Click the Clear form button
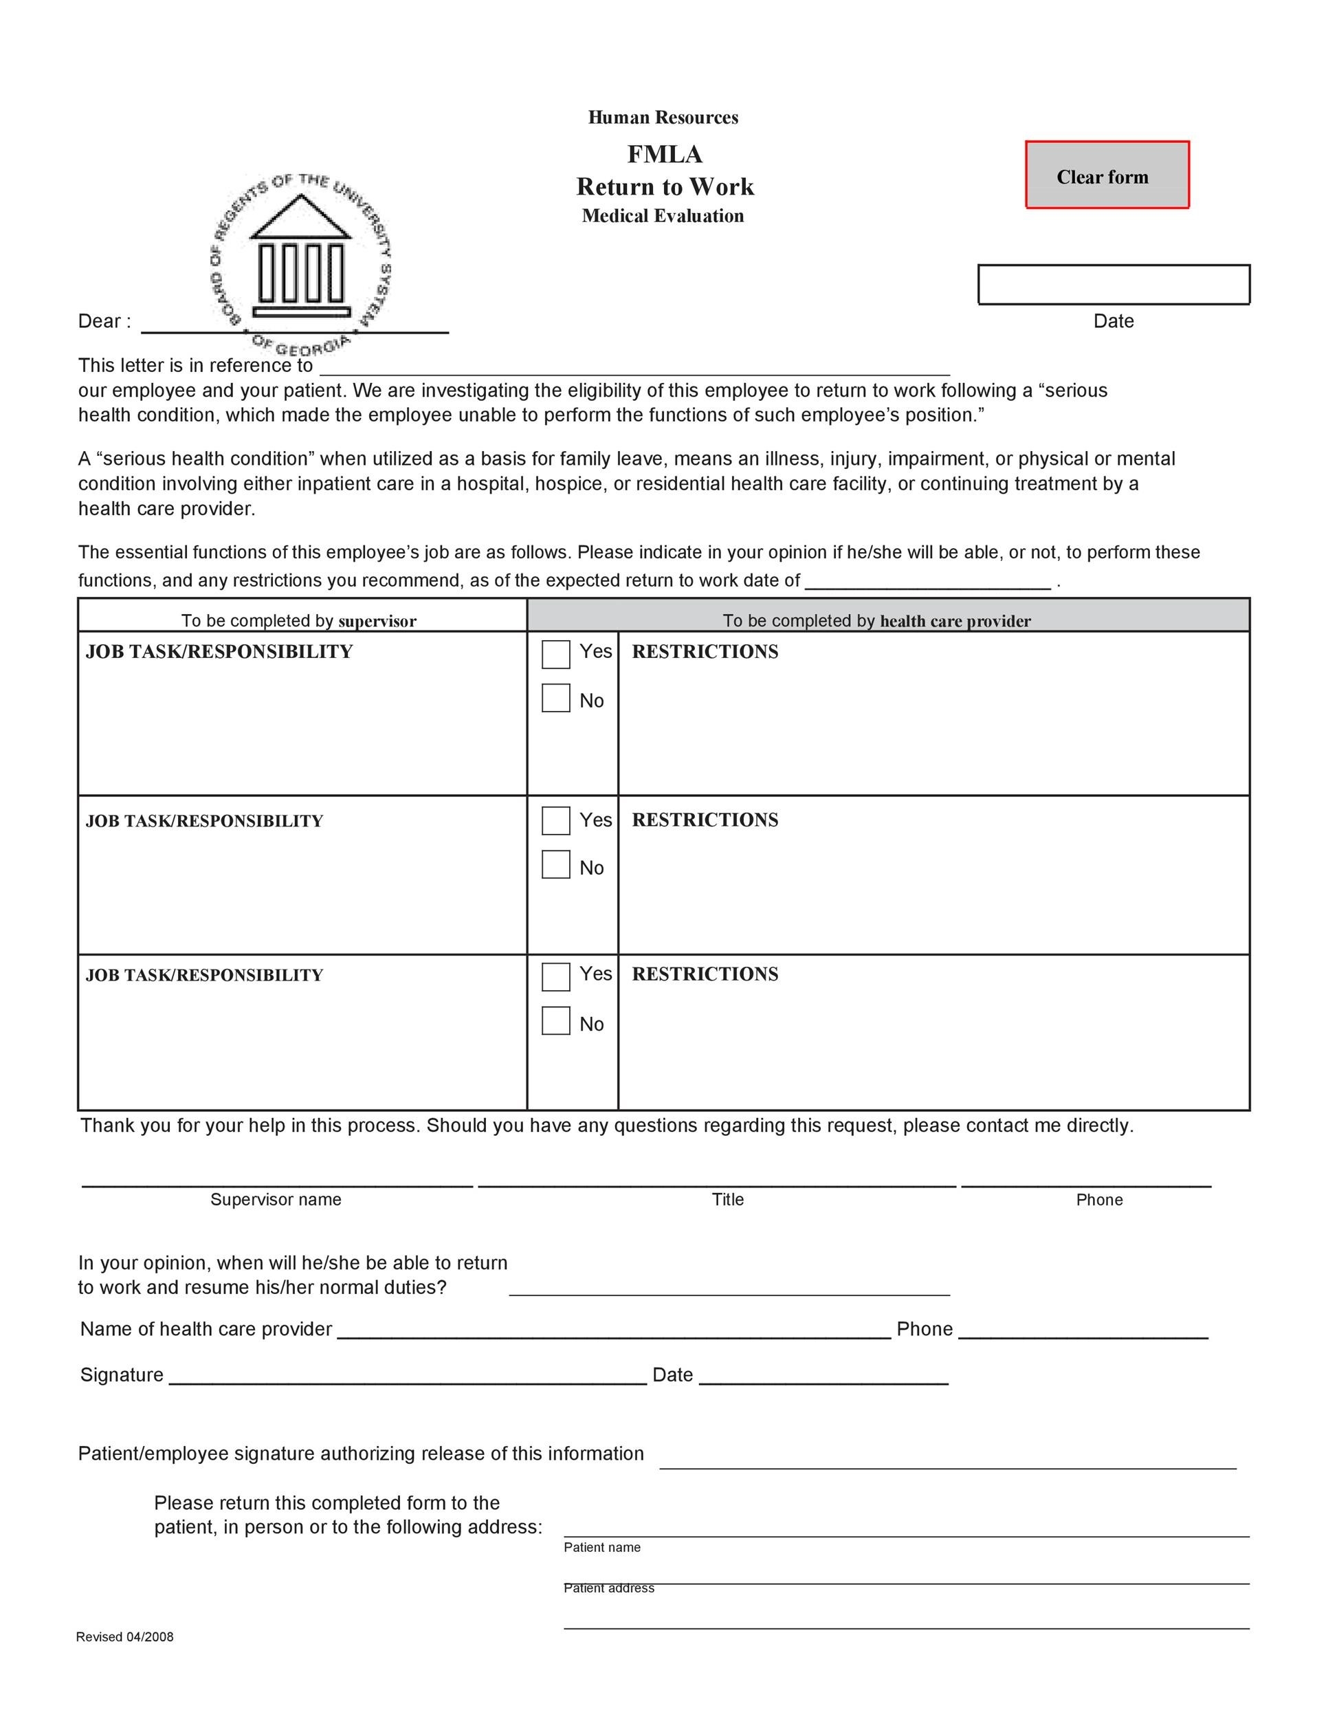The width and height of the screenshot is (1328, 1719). tap(1107, 175)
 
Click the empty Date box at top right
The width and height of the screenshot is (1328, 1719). tap(1114, 284)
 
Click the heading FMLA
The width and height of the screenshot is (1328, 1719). tap(664, 154)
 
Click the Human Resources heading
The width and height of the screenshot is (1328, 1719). tap(663, 118)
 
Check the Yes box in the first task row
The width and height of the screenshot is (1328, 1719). tap(555, 654)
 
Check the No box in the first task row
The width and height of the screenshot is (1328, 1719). tap(555, 698)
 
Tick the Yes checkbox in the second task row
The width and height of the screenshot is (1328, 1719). tap(555, 821)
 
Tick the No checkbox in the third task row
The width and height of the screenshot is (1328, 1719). tap(555, 1021)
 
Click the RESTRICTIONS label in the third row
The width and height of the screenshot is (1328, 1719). tap(705, 974)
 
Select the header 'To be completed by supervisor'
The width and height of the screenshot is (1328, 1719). tap(299, 621)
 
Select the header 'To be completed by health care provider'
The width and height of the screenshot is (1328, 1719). tap(876, 621)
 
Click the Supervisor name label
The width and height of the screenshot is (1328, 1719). tap(276, 1200)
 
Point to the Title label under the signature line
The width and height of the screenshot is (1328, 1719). tap(728, 1200)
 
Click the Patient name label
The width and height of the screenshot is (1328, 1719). tap(602, 1547)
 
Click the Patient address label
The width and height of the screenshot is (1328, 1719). tap(608, 1588)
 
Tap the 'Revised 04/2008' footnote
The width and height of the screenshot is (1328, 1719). tap(124, 1637)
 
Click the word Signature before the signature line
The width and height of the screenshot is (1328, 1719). tap(122, 1375)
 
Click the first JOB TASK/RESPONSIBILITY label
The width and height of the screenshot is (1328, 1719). tap(219, 652)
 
